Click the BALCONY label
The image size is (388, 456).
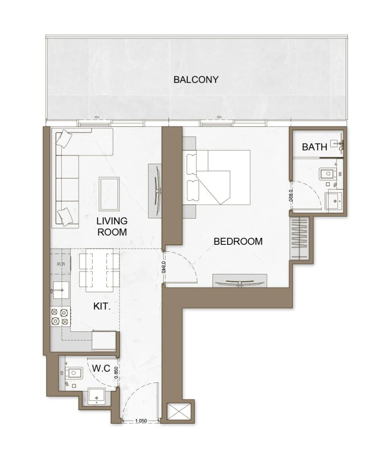click(x=196, y=80)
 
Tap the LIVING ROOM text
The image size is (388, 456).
click(x=112, y=226)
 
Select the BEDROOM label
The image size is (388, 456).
click(x=238, y=241)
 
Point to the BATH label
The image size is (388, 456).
click(x=314, y=147)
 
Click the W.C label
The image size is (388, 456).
click(x=102, y=369)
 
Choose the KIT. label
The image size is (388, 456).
click(x=102, y=306)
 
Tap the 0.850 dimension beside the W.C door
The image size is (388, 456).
click(x=116, y=372)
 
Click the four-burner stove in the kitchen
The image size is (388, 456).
click(x=60, y=317)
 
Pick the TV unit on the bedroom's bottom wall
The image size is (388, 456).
click(x=240, y=281)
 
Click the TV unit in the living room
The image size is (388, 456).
click(x=156, y=191)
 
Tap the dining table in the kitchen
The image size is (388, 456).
click(x=99, y=271)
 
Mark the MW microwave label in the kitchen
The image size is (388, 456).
click(x=60, y=264)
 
